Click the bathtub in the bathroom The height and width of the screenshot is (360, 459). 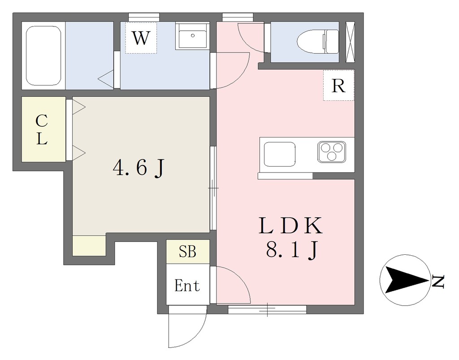(x=43, y=56)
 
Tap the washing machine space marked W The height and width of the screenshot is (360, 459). (x=141, y=38)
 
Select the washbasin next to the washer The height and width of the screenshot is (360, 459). (x=192, y=36)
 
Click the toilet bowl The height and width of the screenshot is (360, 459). (x=318, y=41)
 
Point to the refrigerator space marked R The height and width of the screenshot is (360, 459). (x=339, y=86)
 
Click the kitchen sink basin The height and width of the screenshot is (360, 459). (x=280, y=154)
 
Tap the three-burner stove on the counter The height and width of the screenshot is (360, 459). (x=332, y=152)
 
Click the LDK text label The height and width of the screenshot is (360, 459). (x=290, y=226)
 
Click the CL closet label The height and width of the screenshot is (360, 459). (x=42, y=129)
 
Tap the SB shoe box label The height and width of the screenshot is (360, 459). (x=187, y=252)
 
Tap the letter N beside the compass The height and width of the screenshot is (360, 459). (x=438, y=281)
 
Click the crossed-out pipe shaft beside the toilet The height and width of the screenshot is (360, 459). (x=350, y=42)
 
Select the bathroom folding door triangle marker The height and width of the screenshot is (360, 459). (x=106, y=79)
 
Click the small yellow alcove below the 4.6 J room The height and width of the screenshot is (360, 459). (x=89, y=245)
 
